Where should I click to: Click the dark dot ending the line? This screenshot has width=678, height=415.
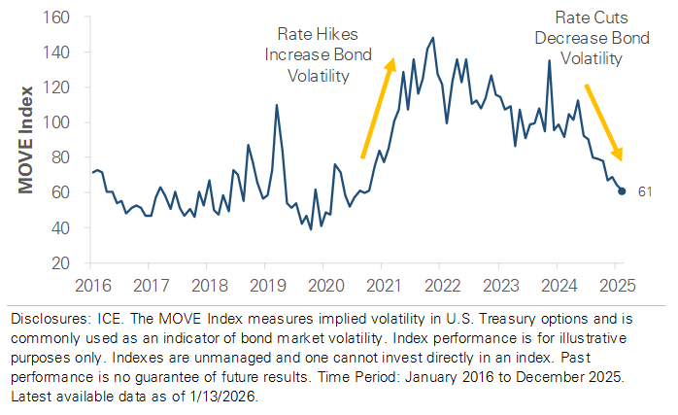tap(622, 190)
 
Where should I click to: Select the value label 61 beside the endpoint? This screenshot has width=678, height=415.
tap(643, 191)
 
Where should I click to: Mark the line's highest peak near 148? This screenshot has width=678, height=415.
tap(432, 38)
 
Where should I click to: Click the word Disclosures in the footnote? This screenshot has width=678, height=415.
tap(41, 317)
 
